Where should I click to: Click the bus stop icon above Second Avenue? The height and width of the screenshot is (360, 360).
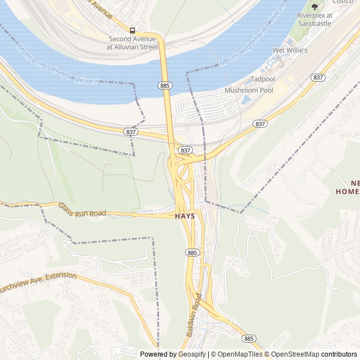pyautogui.click(x=133, y=30)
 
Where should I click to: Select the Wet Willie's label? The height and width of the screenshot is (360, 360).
pyautogui.click(x=290, y=51)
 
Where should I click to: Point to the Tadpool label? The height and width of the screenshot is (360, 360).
pyautogui.click(x=262, y=80)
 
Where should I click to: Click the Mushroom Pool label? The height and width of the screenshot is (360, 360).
pyautogui.click(x=249, y=90)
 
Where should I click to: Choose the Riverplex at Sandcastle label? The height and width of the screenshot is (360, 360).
pyautogui.click(x=314, y=20)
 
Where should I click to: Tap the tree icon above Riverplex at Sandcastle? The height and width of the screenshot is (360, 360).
pyautogui.click(x=314, y=7)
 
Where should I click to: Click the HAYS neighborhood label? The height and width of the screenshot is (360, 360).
pyautogui.click(x=184, y=216)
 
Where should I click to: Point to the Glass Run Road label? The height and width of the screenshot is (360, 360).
pyautogui.click(x=82, y=209)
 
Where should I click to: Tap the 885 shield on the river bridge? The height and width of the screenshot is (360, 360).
pyautogui.click(x=165, y=85)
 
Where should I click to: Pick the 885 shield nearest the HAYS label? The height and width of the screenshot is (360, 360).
pyautogui.click(x=192, y=253)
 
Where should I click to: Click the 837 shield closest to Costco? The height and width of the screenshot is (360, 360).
pyautogui.click(x=318, y=78)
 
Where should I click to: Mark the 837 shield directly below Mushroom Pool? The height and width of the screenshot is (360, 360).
pyautogui.click(x=259, y=124)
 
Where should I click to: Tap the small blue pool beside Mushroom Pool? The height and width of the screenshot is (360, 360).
pyautogui.click(x=246, y=100)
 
